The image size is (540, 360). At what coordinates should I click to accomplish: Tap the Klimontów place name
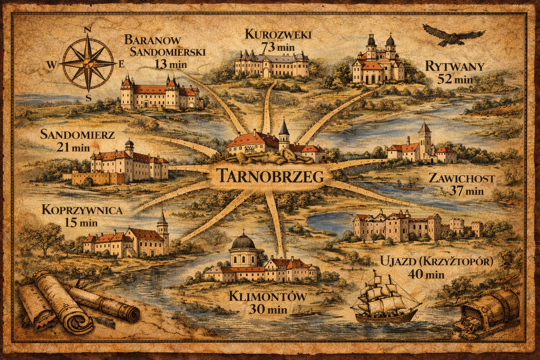[268, 297]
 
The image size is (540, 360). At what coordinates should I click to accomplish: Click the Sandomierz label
[77, 134]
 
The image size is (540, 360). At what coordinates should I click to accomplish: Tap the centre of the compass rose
[88, 64]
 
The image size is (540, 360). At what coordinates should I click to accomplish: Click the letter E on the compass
[122, 64]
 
